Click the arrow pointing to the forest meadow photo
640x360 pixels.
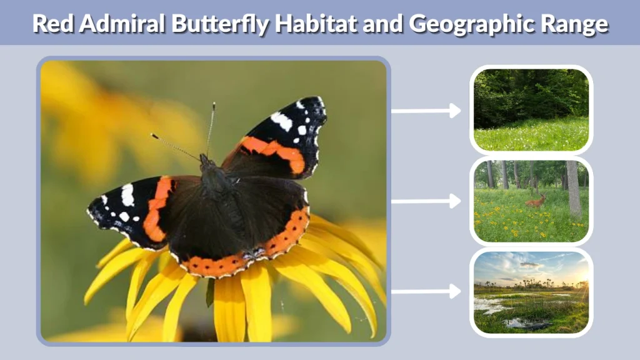coord(426,111)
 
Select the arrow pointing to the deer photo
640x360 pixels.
coord(426,201)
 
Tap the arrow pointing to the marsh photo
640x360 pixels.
coord(426,292)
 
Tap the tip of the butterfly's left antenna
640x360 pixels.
coord(152,135)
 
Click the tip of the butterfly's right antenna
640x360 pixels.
coord(214,104)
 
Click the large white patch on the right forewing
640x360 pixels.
coord(281,121)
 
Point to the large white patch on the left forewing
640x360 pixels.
coord(127,195)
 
